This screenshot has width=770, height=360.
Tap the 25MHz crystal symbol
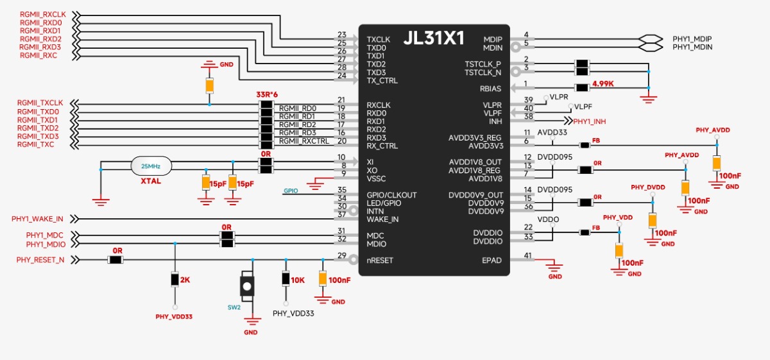tap(150, 166)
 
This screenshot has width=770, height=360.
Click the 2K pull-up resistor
tap(175, 280)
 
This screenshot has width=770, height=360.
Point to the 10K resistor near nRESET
tap(286, 279)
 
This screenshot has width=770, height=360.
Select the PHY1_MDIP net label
tap(692, 39)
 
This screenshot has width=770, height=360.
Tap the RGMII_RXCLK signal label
tap(42, 14)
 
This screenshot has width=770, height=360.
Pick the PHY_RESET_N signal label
tap(40, 260)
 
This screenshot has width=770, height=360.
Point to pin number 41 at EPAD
tap(527, 255)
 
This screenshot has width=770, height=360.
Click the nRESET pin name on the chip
tap(380, 261)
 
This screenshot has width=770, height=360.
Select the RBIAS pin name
tap(490, 89)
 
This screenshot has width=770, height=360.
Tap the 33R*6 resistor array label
tap(267, 95)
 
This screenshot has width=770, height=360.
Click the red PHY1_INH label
tap(590, 121)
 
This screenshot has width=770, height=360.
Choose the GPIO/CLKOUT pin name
tap(391, 195)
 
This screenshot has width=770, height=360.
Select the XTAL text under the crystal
tap(150, 182)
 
